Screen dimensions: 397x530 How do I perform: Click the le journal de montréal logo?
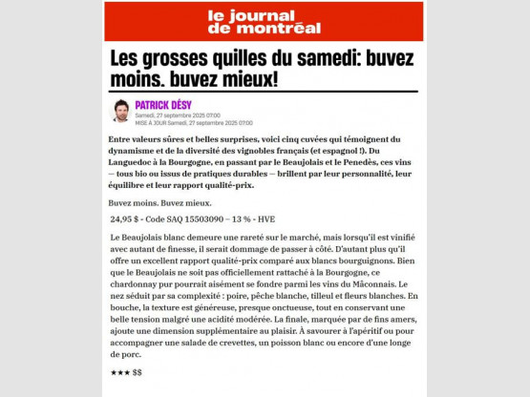click(x=265, y=20)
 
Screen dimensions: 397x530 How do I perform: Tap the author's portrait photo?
click(x=121, y=111)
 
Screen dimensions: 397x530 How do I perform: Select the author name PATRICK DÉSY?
click(x=165, y=104)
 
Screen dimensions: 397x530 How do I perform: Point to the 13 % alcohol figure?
click(x=251, y=219)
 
